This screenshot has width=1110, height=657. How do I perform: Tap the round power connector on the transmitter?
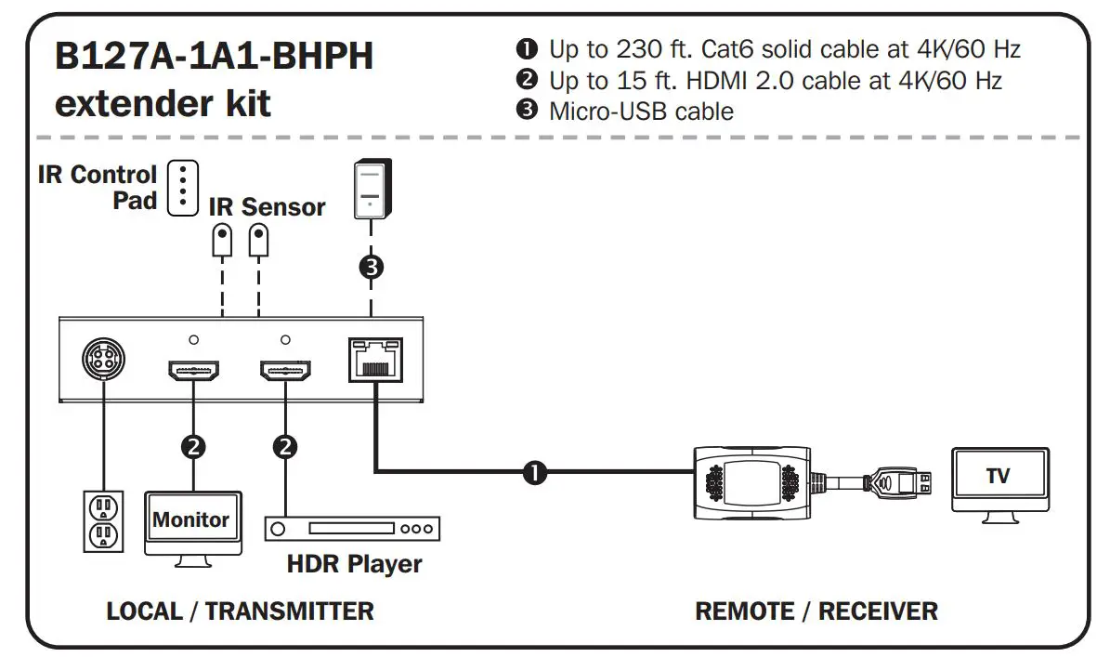(103, 359)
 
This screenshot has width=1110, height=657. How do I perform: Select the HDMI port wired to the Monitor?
(192, 372)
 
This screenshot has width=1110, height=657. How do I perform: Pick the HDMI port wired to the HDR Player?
(284, 372)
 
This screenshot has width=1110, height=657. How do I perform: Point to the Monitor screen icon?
(191, 521)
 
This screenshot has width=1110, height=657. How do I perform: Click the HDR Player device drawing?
(352, 529)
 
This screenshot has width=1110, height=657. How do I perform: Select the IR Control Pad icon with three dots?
(183, 187)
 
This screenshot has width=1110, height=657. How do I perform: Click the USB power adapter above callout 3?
(372, 191)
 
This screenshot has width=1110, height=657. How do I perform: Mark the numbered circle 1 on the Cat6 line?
(536, 472)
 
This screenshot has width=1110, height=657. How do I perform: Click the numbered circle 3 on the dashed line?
(372, 269)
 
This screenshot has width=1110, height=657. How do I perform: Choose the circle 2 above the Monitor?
(192, 446)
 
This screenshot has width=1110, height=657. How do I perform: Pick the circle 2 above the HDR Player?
(284, 446)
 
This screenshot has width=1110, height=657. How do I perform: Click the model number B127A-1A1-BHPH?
(214, 57)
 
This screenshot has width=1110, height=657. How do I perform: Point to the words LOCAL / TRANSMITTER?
(240, 611)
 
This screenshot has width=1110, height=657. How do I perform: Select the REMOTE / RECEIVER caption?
(816, 611)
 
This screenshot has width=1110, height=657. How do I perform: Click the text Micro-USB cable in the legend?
(641, 112)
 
